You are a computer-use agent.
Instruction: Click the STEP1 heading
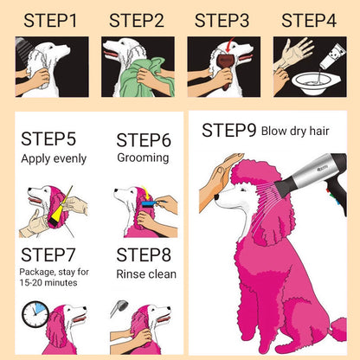click(50, 21)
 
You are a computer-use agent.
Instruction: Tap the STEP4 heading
click(309, 21)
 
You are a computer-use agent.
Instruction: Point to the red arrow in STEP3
click(230, 45)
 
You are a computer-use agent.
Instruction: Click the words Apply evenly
click(54, 159)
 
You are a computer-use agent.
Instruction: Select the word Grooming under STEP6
click(143, 157)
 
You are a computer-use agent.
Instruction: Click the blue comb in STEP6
click(150, 204)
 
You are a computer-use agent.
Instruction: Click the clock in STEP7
click(35, 314)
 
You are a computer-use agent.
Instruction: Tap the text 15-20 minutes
click(48, 283)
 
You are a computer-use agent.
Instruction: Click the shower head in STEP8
click(119, 308)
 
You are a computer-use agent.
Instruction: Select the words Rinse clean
click(146, 274)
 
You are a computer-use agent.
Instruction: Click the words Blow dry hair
click(295, 132)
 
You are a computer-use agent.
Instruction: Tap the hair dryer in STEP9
click(313, 180)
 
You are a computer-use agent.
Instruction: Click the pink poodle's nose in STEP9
click(216, 197)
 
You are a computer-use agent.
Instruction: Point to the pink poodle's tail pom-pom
click(339, 329)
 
